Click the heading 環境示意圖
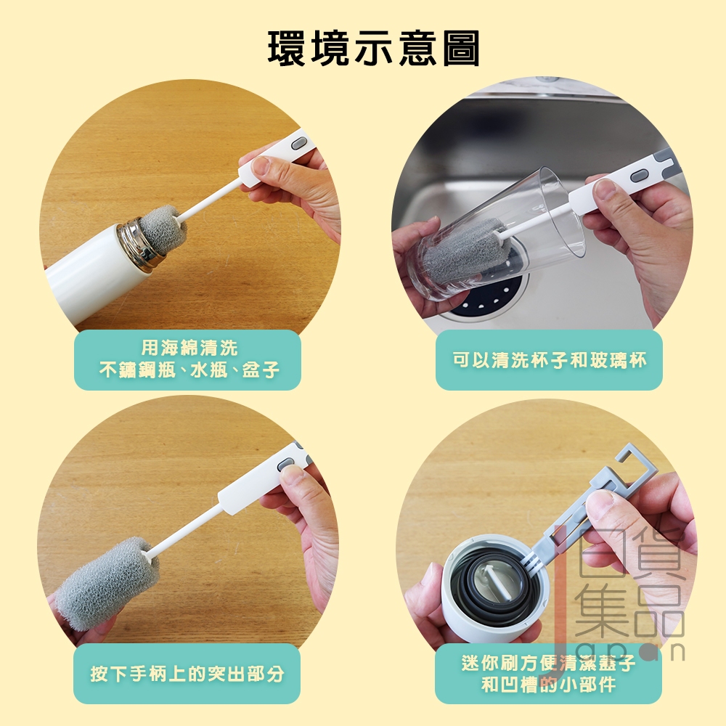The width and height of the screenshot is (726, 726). [374, 48]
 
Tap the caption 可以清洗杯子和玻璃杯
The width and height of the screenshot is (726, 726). [549, 360]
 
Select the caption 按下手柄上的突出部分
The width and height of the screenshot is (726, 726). [187, 674]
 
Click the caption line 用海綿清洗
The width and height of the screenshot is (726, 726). [189, 348]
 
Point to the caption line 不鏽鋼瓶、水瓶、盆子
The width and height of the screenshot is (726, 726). [189, 370]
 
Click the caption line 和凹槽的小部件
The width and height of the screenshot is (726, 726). [548, 685]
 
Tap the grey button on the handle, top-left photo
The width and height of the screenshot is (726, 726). [300, 144]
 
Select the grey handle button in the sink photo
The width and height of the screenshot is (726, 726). [641, 176]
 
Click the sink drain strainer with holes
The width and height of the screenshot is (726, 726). [491, 296]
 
